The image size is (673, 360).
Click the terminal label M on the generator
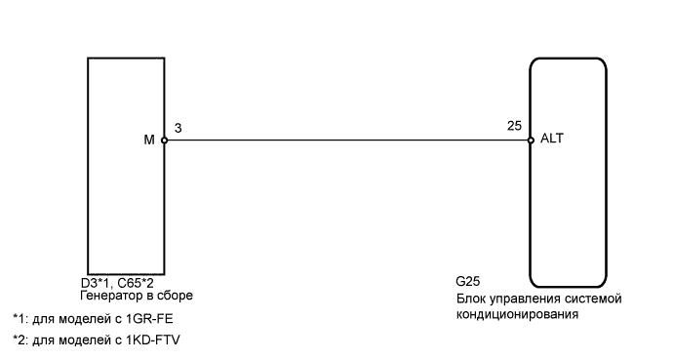pyautogui.click(x=149, y=140)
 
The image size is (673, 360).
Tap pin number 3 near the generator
pyautogui.click(x=177, y=128)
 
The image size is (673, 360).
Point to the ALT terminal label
pyautogui.click(x=551, y=140)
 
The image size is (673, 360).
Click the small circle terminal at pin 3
pyautogui.click(x=165, y=140)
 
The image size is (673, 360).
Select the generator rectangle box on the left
pyautogui.click(x=126, y=166)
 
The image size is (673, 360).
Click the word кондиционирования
pyautogui.click(x=517, y=315)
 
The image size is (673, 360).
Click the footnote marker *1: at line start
pyautogui.click(x=20, y=319)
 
